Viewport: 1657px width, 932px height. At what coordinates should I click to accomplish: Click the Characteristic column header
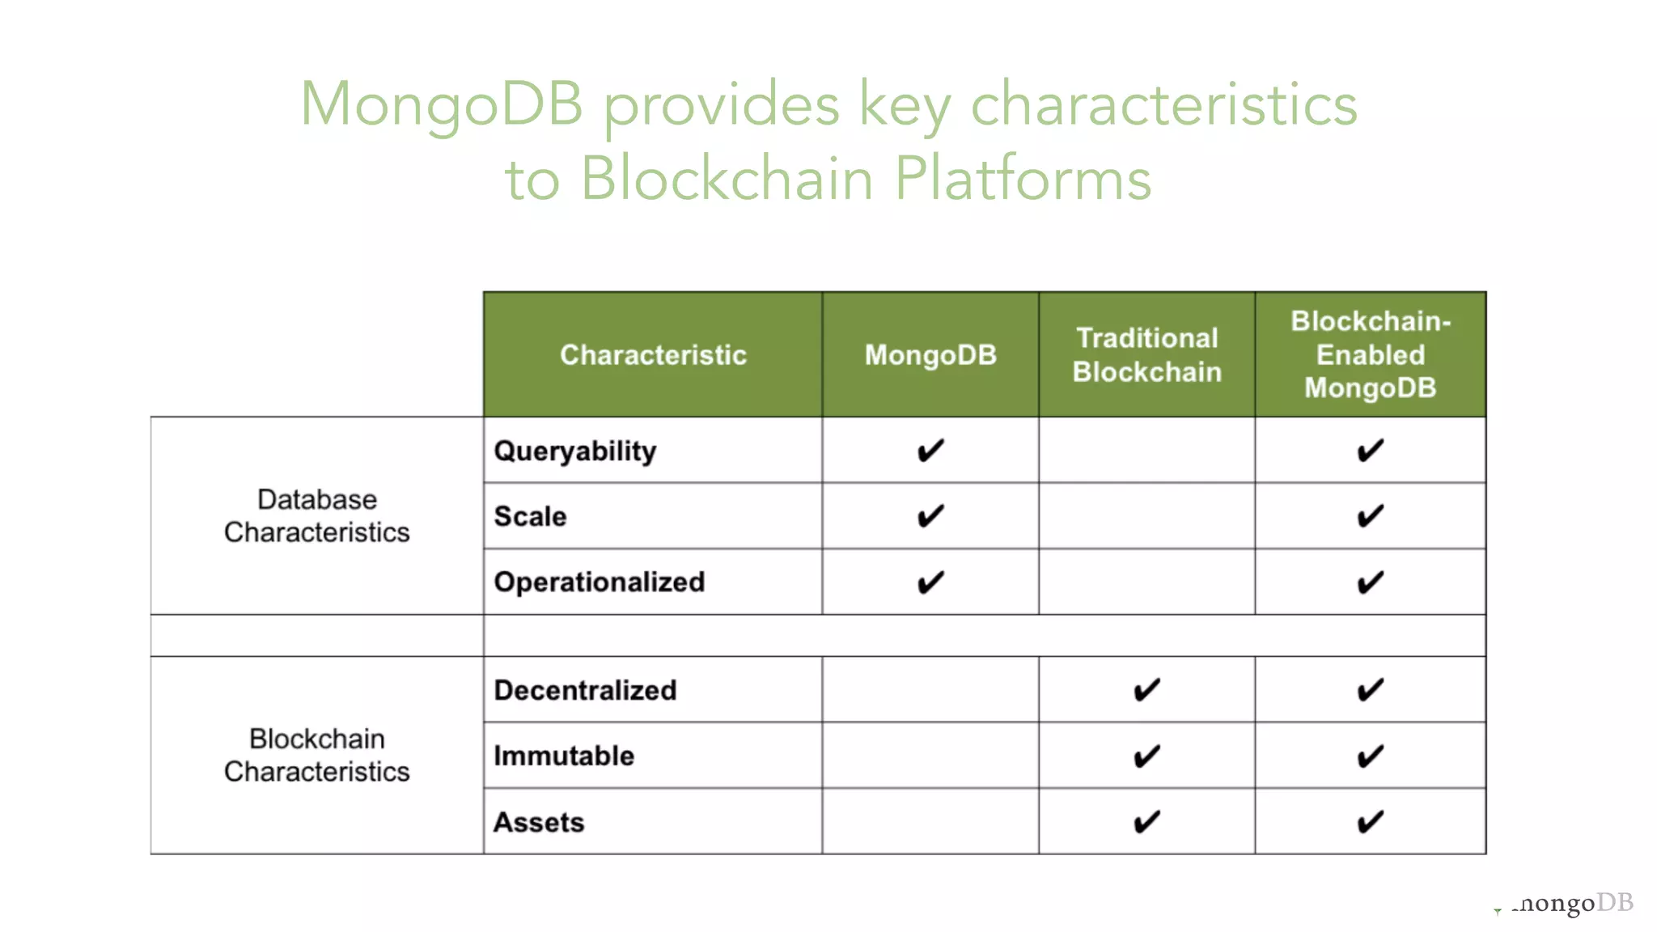point(653,355)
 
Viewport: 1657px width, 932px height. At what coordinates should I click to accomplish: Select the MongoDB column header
point(930,355)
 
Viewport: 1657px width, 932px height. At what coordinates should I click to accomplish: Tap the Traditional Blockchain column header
point(1146,355)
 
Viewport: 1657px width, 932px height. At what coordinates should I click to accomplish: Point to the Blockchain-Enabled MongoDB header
point(1371,355)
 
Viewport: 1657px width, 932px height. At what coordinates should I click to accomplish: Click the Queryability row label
point(575,451)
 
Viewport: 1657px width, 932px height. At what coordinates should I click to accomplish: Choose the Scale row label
point(531,516)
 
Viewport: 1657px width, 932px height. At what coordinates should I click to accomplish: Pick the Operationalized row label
point(600,582)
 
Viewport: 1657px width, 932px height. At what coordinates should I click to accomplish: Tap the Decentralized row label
point(585,690)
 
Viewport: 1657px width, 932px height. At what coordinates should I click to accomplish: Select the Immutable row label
point(564,756)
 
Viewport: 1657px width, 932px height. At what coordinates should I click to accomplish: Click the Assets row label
point(539,822)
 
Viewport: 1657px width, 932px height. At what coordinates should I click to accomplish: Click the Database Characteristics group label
point(317,516)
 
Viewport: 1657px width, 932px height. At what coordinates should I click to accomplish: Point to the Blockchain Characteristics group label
point(317,755)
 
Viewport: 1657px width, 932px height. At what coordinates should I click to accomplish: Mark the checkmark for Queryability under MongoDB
point(930,451)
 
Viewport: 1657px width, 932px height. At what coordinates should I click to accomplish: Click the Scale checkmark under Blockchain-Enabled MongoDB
point(1371,516)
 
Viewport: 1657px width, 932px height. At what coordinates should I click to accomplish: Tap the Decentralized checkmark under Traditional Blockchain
point(1146,690)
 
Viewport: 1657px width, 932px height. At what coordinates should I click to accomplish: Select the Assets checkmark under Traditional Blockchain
point(1146,822)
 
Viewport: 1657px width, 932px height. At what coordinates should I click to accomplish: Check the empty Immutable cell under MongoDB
point(930,756)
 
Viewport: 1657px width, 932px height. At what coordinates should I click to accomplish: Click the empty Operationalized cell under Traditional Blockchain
point(1146,582)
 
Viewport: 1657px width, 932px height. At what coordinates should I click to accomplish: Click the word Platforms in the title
point(1023,180)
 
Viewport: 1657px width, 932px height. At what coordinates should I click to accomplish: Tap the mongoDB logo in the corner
point(1570,903)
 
